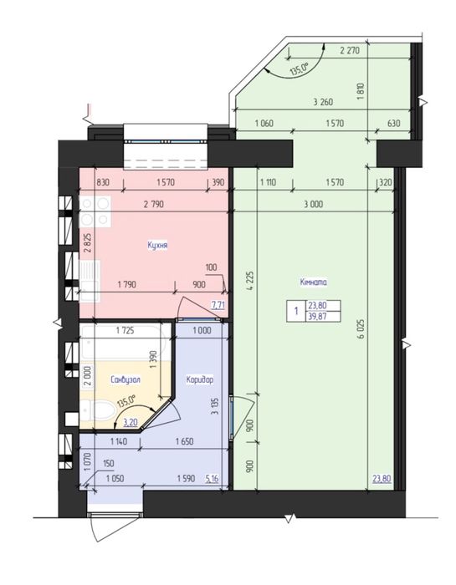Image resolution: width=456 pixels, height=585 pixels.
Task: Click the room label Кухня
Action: point(157,245)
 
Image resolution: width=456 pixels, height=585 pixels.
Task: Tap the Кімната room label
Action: point(313,282)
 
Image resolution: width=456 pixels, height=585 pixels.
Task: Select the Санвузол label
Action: point(126,379)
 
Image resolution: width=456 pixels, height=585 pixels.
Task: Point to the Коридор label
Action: point(200,379)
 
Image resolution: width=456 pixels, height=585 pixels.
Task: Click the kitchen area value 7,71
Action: point(218,305)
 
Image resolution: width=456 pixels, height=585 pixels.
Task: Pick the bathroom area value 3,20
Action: point(131,422)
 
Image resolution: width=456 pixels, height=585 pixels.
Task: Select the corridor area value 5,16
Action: point(212,478)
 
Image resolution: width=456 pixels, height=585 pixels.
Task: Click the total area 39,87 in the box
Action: point(317,316)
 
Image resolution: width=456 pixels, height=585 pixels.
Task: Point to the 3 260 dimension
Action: point(323,101)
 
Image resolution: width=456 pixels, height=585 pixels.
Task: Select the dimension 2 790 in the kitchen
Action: point(154,204)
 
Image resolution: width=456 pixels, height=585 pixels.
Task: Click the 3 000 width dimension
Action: point(313,204)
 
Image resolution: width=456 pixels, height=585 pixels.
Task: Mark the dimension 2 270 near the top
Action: point(350,50)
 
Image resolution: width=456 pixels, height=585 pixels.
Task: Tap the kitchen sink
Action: point(90,281)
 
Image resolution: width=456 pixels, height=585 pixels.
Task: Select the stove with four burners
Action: point(95,211)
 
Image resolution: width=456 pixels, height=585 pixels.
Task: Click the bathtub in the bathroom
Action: point(122,343)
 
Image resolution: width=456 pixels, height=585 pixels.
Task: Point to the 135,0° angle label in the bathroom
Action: point(126,403)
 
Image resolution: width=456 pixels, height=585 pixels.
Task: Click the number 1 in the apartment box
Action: point(296,310)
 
